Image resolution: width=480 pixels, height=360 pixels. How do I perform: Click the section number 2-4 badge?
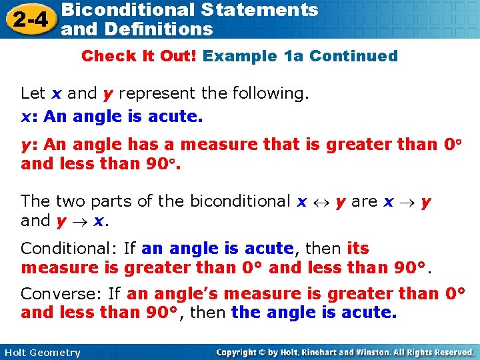click(x=28, y=19)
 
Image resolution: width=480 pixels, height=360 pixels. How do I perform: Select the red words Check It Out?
click(x=139, y=56)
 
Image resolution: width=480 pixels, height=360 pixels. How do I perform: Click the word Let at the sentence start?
click(x=33, y=94)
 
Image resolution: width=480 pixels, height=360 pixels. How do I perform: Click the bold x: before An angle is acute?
click(x=28, y=117)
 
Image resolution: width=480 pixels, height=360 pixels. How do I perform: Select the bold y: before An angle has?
click(x=28, y=144)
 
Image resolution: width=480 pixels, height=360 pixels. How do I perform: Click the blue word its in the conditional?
click(x=358, y=249)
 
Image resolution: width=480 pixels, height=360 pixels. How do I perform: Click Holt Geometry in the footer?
click(x=41, y=353)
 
